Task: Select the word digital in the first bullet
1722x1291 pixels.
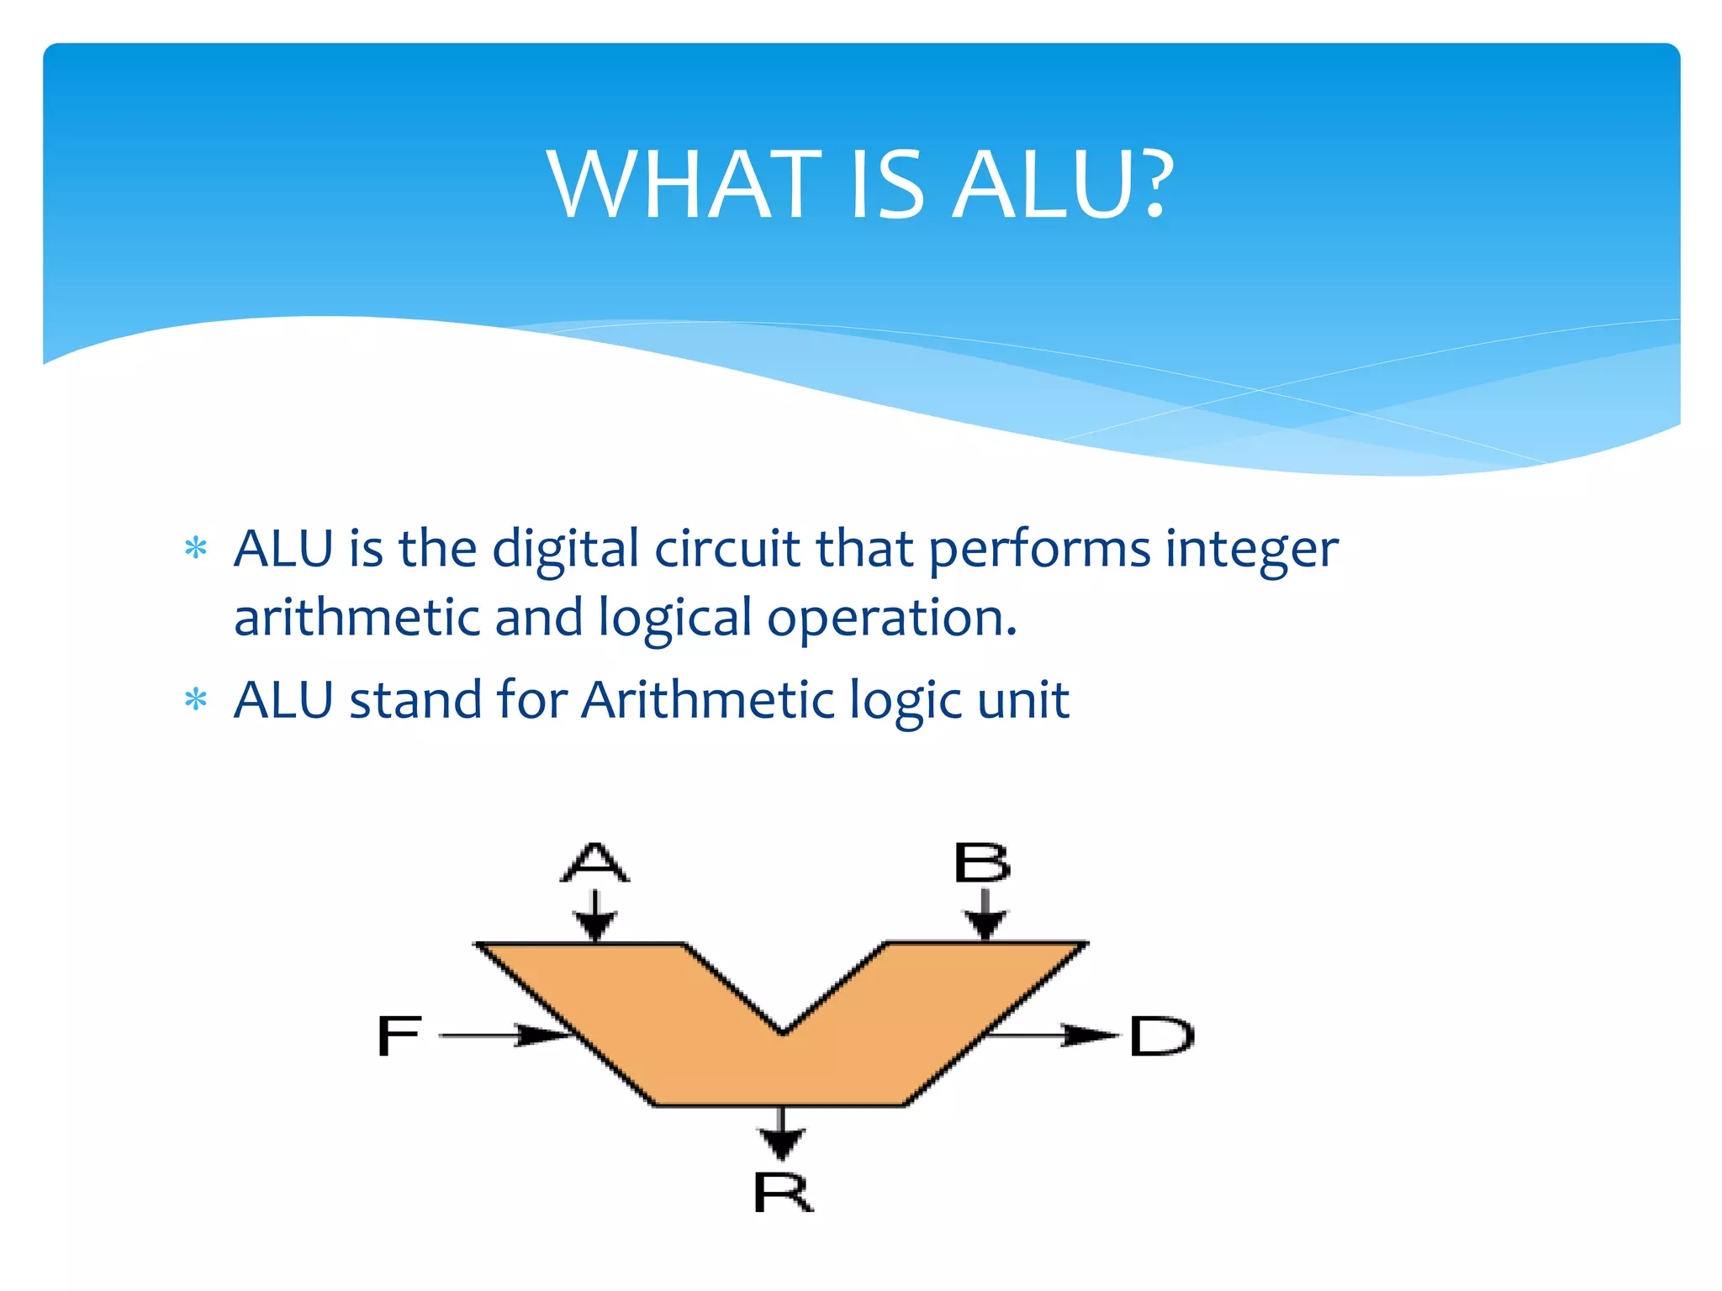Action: (565, 551)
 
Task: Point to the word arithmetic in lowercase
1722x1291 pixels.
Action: (356, 618)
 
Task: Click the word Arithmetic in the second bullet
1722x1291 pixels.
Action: (706, 700)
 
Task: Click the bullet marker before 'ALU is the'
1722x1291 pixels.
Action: (196, 549)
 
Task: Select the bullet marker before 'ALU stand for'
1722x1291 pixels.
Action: (196, 699)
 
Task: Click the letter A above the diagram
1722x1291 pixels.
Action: (595, 862)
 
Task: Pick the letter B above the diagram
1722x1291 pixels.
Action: (982, 863)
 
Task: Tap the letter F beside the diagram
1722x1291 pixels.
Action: (399, 1035)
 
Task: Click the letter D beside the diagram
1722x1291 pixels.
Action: (1161, 1035)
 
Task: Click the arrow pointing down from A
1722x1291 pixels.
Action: (595, 917)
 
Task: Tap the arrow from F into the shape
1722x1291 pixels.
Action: (504, 1035)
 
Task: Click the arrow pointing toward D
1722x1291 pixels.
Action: (1051, 1035)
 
